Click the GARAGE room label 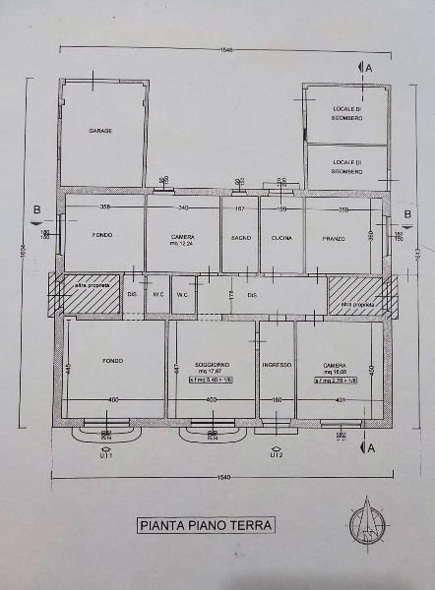100,131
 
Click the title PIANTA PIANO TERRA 205,525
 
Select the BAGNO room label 239,238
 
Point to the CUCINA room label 280,238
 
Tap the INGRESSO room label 277,365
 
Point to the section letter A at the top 369,68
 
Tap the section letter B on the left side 36,209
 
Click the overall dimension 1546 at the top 226,48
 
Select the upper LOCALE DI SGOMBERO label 346,112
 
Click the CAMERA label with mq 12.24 182,240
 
